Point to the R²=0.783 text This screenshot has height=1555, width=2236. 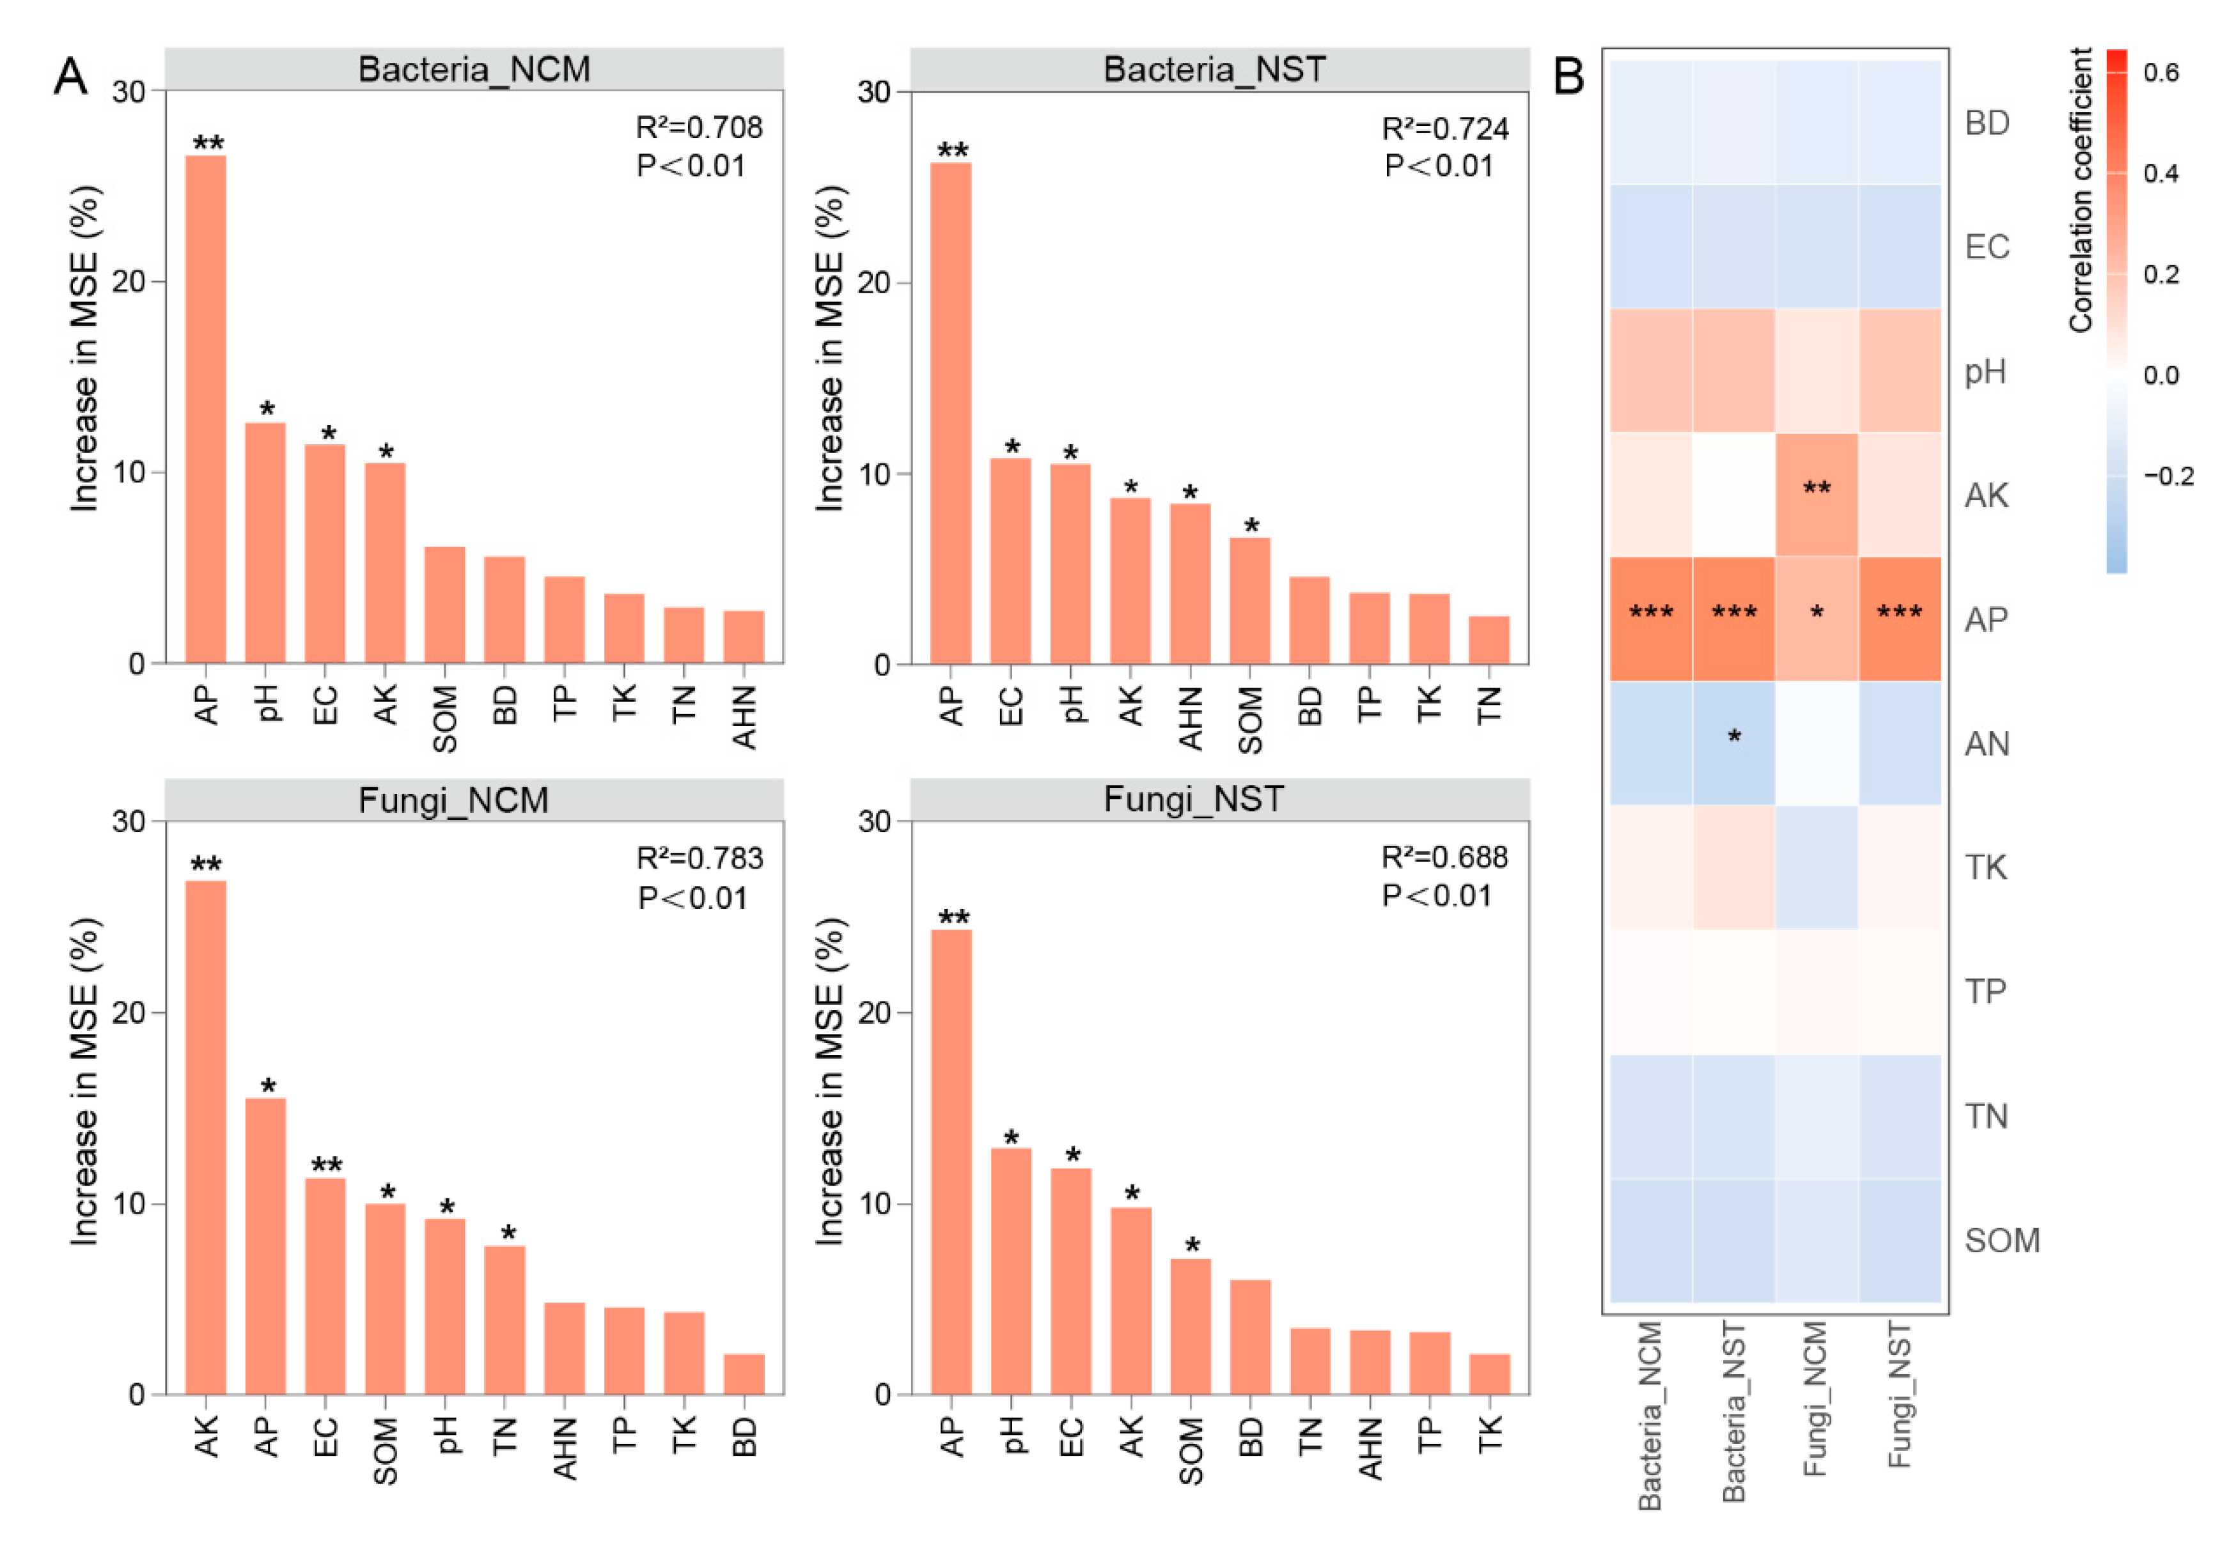point(700,858)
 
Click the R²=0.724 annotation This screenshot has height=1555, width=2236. point(1445,128)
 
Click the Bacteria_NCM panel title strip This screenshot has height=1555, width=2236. point(474,69)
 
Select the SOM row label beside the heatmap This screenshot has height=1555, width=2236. point(2001,1239)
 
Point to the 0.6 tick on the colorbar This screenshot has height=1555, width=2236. point(2160,73)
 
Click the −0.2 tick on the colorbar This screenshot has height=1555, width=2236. point(2168,476)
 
